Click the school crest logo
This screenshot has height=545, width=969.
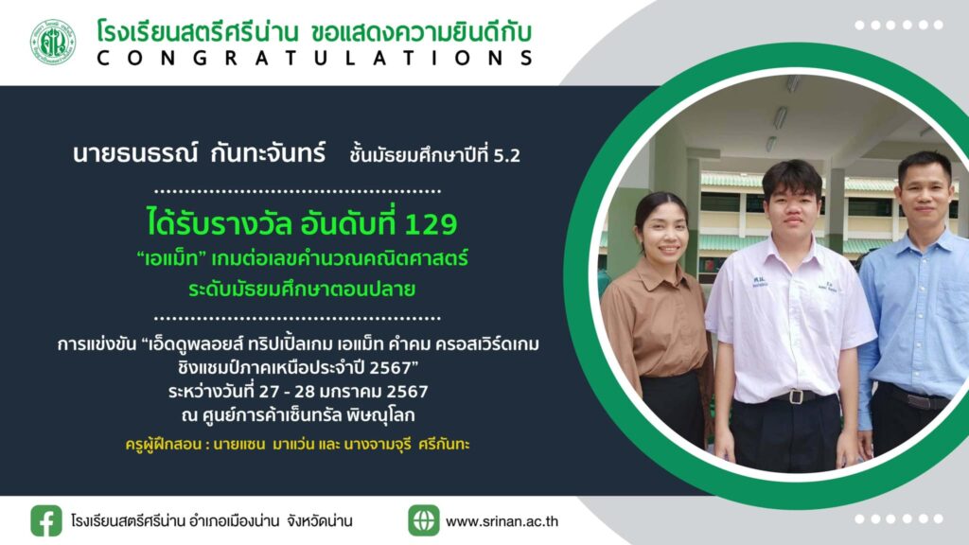[53, 42]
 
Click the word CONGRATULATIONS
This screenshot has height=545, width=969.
[315, 59]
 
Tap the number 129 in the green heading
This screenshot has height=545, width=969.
[431, 223]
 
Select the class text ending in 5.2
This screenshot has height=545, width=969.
[434, 154]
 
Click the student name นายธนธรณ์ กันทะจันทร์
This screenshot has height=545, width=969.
[199, 153]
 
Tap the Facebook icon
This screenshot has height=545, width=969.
[46, 521]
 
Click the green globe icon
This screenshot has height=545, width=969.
[423, 520]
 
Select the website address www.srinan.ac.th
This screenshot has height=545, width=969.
[502, 521]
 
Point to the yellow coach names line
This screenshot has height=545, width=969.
[297, 445]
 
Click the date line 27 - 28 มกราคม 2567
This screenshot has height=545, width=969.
[298, 392]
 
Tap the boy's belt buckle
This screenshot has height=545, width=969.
[797, 396]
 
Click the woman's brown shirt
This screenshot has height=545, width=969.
[655, 322]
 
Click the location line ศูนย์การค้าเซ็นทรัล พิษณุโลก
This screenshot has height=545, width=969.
[298, 416]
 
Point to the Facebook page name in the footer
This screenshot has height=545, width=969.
[211, 521]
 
